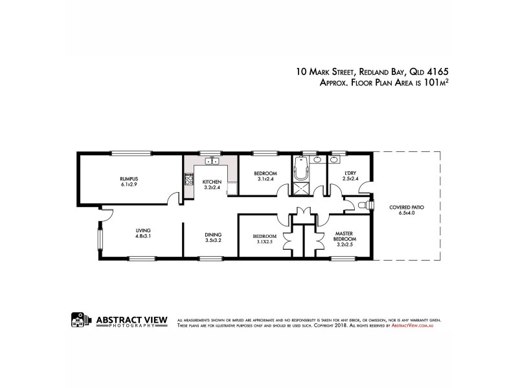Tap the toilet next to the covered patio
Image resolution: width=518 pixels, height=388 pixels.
[365, 204]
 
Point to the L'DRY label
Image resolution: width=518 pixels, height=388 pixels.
[350, 173]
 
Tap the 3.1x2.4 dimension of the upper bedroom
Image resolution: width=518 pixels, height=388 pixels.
[265, 179]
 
